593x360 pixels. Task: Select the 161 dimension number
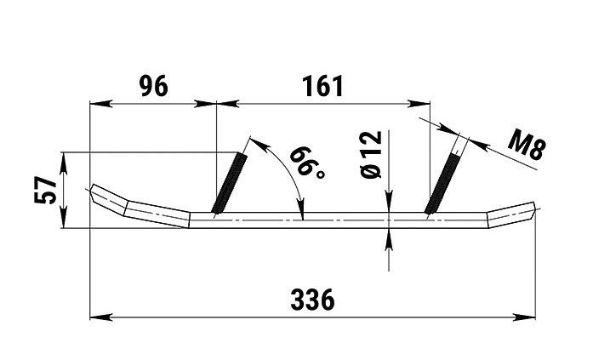click(322, 85)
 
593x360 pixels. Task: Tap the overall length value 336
click(312, 300)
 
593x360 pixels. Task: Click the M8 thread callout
click(528, 146)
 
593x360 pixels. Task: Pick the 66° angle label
click(305, 165)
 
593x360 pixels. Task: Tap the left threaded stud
click(230, 180)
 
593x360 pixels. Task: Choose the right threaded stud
click(445, 180)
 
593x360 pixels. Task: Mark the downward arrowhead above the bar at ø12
click(388, 205)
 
